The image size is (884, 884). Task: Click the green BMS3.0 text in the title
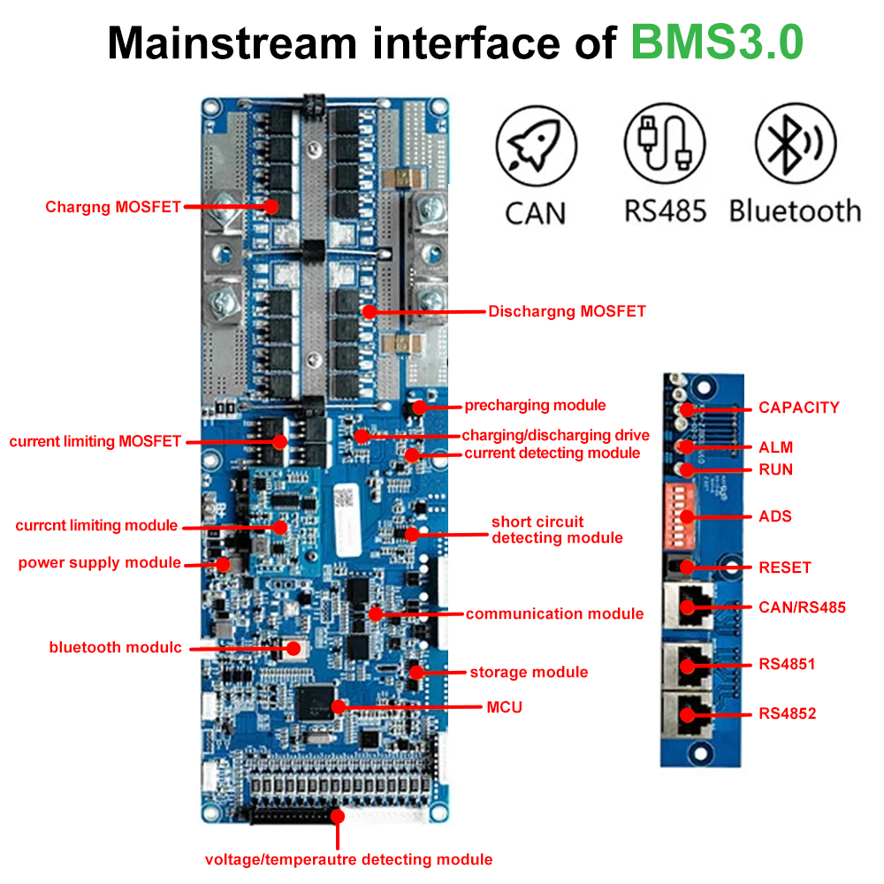717,42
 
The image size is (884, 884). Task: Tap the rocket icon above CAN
537,146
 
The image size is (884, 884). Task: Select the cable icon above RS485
665,143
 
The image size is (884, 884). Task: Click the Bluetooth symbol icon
796,143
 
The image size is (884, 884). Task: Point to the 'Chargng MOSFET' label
113,207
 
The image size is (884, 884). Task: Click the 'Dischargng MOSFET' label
567,311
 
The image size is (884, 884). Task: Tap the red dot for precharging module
419,407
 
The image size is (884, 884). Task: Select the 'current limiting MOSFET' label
95,441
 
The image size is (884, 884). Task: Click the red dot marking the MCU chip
339,706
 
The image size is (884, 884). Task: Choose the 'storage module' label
529,672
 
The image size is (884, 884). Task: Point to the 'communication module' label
555,613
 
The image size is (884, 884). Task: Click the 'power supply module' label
99,562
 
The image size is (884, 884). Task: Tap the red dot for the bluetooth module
293,649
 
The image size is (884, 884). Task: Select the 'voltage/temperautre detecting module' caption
348,859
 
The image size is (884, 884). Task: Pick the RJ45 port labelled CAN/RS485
689,606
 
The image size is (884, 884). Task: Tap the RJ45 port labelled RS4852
689,714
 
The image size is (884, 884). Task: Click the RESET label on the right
785,568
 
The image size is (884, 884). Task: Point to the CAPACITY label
799,407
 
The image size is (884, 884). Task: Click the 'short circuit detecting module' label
557,530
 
